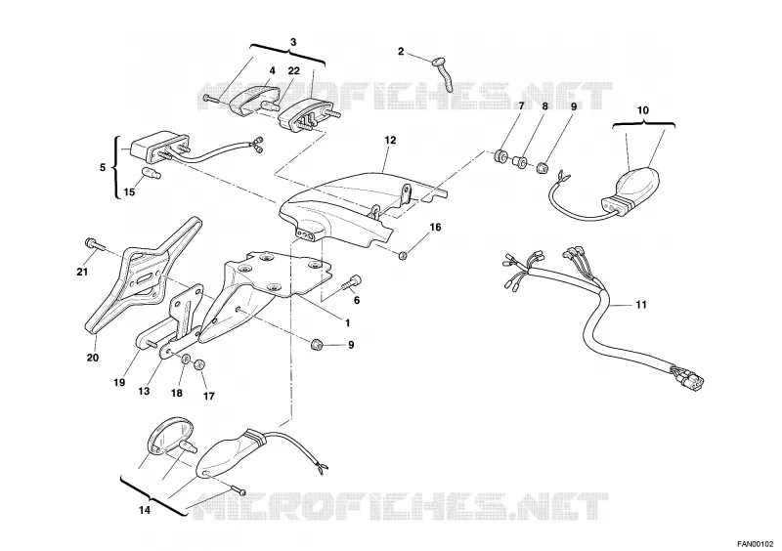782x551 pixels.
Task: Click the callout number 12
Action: [390, 141]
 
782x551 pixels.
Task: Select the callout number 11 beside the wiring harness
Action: [641, 304]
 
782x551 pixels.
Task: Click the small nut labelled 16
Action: [403, 256]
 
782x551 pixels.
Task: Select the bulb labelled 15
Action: [151, 173]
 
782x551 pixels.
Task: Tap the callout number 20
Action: [93, 358]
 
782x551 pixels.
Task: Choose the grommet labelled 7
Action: [500, 156]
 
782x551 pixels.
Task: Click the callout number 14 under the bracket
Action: [144, 510]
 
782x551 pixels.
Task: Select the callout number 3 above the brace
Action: [292, 42]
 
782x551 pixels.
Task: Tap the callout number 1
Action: [348, 323]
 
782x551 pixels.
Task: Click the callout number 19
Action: [118, 382]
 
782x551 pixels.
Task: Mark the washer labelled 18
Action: [186, 359]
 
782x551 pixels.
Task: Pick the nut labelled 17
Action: [199, 364]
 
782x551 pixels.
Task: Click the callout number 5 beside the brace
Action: [103, 167]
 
